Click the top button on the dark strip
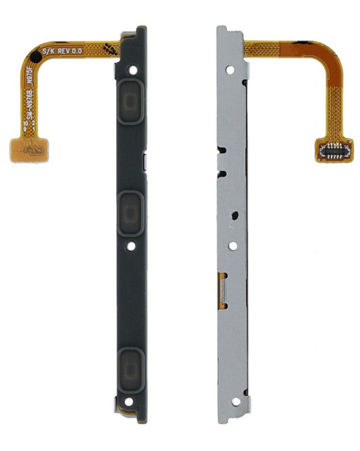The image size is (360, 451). (x=130, y=104)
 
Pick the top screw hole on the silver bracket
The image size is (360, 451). (x=230, y=69)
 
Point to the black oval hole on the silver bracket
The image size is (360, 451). (x=234, y=216)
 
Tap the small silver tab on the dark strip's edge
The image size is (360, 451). (x=145, y=160)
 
